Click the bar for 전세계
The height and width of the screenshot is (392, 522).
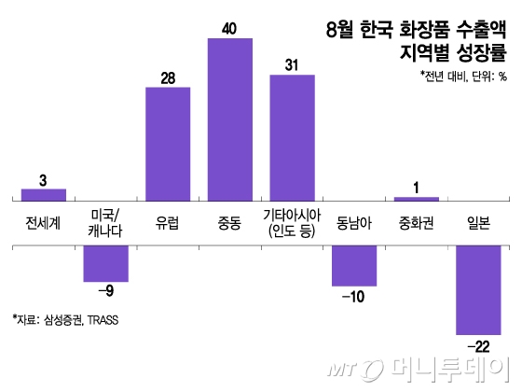click(44, 194)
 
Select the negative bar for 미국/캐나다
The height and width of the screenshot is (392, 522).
click(105, 263)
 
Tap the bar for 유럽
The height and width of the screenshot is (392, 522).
click(168, 143)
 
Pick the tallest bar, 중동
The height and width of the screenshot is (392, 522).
click(229, 119)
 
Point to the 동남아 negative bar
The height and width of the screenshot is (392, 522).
click(354, 266)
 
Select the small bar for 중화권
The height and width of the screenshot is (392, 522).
click(416, 199)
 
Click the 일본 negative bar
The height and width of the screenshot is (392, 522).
click(478, 289)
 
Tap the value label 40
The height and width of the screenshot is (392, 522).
click(229, 29)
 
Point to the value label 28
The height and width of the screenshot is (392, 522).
click(168, 77)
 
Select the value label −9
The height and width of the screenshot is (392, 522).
click(105, 291)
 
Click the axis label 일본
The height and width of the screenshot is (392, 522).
click(478, 221)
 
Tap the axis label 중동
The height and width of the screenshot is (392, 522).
click(229, 221)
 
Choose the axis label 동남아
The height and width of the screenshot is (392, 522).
click(354, 221)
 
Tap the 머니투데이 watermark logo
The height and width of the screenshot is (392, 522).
click(429, 371)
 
